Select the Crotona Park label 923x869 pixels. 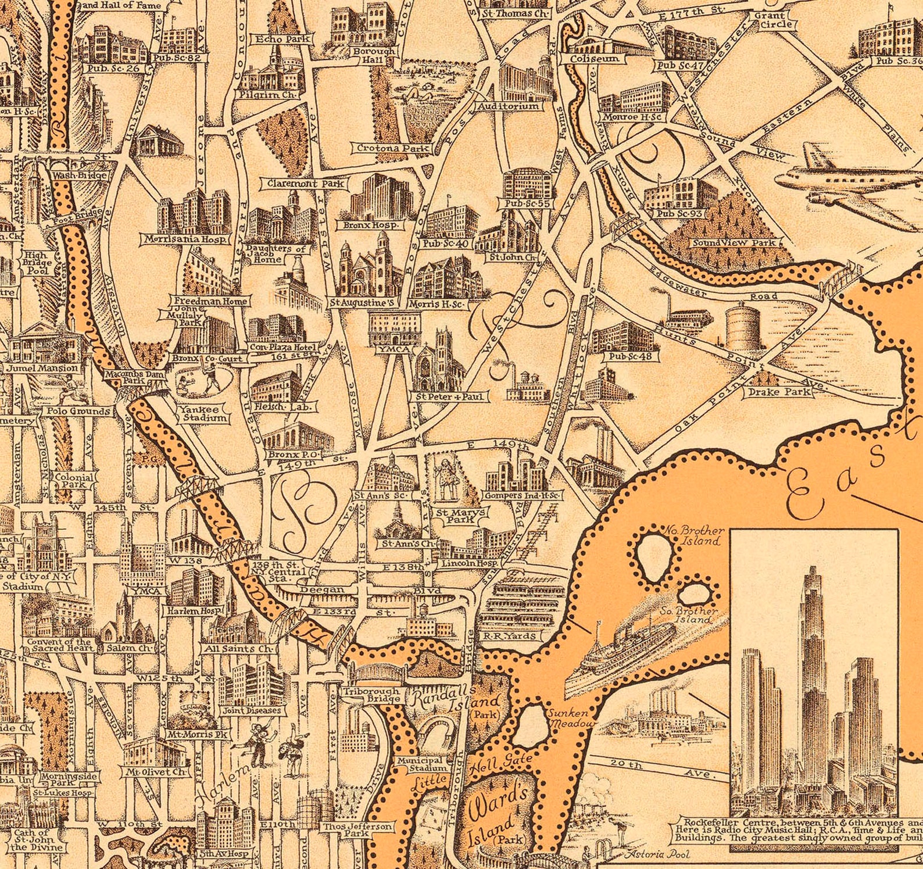393,148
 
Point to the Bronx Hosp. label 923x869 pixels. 370,225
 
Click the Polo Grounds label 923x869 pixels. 82,411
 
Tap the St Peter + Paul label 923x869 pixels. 449,396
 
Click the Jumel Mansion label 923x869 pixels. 42,369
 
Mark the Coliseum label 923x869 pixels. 593,59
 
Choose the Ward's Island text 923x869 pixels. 495,814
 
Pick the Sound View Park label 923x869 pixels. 734,242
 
